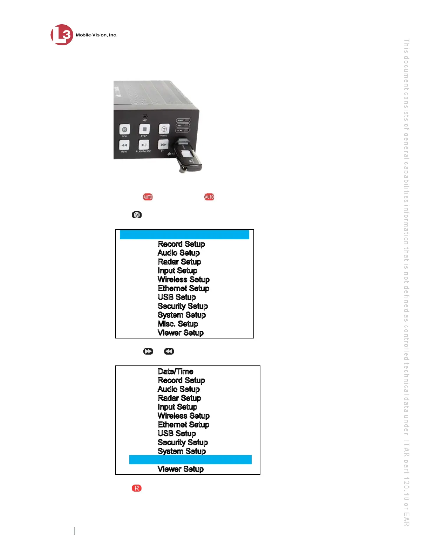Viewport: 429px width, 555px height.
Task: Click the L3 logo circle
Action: pyautogui.click(x=62, y=35)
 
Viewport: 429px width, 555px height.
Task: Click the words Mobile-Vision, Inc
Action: pyautogui.click(x=96, y=35)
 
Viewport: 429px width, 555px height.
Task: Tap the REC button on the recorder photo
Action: pyautogui.click(x=124, y=130)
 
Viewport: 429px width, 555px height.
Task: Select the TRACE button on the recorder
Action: pyautogui.click(x=164, y=129)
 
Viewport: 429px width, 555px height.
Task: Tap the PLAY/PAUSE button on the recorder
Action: pyautogui.click(x=144, y=145)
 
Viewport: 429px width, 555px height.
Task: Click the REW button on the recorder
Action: pyautogui.click(x=124, y=145)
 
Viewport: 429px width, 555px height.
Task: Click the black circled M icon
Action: pyautogui.click(x=137, y=215)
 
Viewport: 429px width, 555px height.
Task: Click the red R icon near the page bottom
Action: pyautogui.click(x=137, y=488)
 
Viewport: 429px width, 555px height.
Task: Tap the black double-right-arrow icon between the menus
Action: pyautogui.click(x=148, y=351)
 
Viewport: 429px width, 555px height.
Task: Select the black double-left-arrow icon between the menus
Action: pyautogui.click(x=169, y=351)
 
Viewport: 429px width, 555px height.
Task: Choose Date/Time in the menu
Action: pyautogui.click(x=175, y=371)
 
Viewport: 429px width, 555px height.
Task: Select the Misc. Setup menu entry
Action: pyautogui.click(x=178, y=324)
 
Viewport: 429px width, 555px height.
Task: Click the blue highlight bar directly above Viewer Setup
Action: pyautogui.click(x=190, y=460)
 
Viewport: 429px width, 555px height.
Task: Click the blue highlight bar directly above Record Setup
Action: pyautogui.click(x=184, y=235)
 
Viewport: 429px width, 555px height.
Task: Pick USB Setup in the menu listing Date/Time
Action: pyautogui.click(x=177, y=433)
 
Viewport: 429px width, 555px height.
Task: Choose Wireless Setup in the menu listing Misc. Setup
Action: pyautogui.click(x=183, y=279)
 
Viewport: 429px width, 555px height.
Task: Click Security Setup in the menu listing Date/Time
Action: pyautogui.click(x=183, y=442)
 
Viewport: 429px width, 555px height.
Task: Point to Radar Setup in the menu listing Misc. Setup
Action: pyautogui.click(x=179, y=262)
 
